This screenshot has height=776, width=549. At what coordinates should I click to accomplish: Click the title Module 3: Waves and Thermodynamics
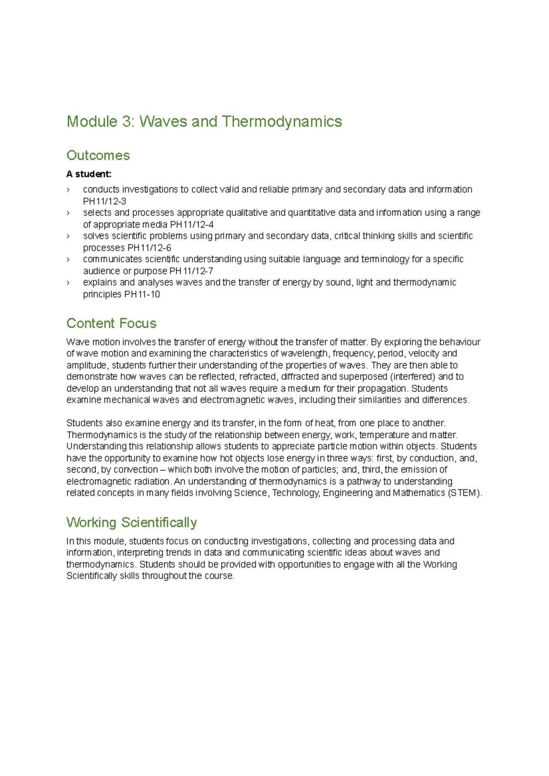click(204, 122)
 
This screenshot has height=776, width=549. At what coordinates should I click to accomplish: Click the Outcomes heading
click(98, 155)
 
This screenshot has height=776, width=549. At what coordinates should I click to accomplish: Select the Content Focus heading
click(111, 323)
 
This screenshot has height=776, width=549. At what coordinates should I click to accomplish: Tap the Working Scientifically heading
click(131, 522)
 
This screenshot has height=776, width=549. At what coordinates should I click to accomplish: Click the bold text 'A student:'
click(89, 174)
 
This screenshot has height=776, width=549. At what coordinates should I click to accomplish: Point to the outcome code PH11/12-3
click(104, 202)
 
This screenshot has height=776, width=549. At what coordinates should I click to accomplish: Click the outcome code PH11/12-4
click(191, 225)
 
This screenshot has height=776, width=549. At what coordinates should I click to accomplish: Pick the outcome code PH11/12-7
click(191, 271)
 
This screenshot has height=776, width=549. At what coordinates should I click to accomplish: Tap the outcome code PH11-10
click(142, 294)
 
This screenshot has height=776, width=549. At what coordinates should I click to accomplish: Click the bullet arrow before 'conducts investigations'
click(68, 190)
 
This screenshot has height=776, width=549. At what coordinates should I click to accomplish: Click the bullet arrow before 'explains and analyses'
click(68, 283)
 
